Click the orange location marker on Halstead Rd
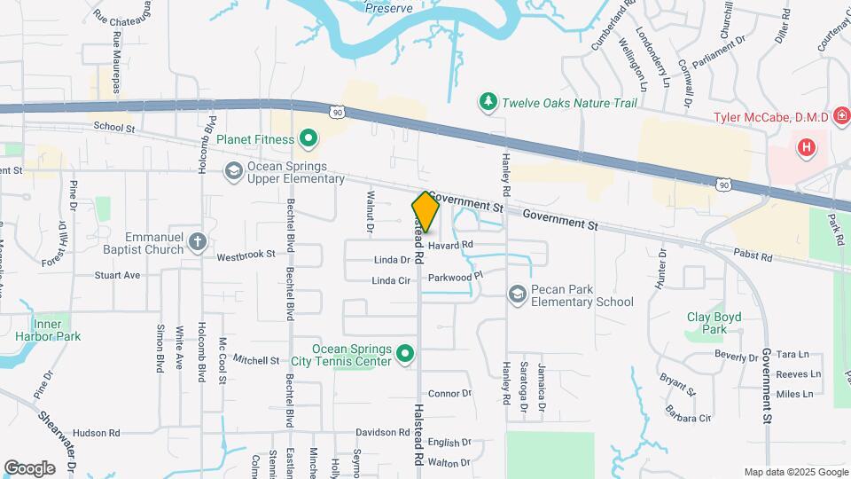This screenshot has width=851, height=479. click(x=425, y=213)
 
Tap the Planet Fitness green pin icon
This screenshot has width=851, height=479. click(x=308, y=138)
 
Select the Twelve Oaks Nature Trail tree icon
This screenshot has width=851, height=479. click(x=487, y=103)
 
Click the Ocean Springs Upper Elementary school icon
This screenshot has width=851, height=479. click(x=234, y=171)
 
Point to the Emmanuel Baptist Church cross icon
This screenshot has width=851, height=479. click(x=197, y=242)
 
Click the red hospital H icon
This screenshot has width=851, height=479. click(x=806, y=147)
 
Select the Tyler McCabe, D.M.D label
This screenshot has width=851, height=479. click(x=771, y=118)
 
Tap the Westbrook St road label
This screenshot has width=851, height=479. click(x=246, y=257)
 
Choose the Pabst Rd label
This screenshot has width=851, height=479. click(x=753, y=257)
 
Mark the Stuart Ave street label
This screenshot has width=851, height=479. click(x=117, y=276)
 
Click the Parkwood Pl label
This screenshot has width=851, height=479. click(x=454, y=277)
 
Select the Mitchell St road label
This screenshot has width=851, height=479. click(x=256, y=360)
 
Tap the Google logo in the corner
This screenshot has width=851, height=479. click(x=29, y=468)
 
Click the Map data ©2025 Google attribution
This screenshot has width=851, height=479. click(x=795, y=472)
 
